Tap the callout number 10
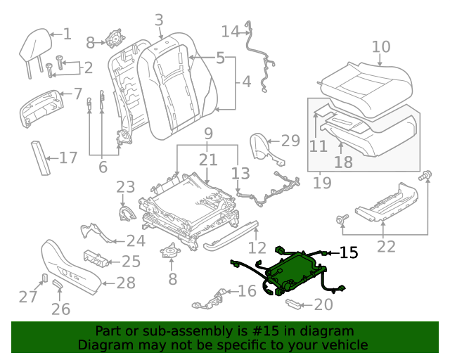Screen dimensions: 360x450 [x=380, y=47]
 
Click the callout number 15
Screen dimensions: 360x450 [x=349, y=252]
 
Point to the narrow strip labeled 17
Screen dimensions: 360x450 [x=39, y=158]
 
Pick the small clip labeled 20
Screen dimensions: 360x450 [x=295, y=303]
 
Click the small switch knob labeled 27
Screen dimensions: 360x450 [x=44, y=277]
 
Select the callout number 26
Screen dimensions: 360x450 [x=61, y=309]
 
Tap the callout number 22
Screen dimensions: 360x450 [x=386, y=246]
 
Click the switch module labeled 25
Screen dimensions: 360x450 [x=96, y=259]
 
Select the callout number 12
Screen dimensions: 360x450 [x=257, y=247]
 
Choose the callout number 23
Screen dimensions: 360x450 [x=125, y=187]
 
